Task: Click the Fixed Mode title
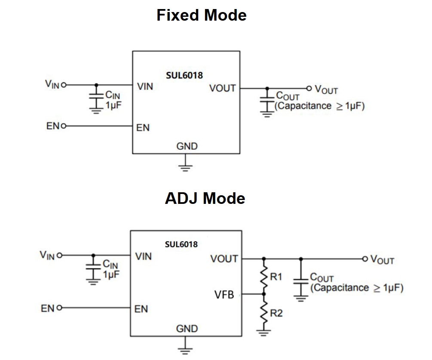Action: tap(201, 15)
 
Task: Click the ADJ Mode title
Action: tap(205, 198)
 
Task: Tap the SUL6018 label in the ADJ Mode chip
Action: tap(181, 244)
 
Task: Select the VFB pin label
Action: tap(224, 295)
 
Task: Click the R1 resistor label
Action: tap(276, 277)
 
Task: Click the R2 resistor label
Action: tap(276, 314)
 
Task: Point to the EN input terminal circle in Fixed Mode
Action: tap(64, 126)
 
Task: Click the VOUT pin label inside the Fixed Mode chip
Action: tap(222, 88)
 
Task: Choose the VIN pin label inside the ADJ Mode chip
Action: tap(144, 256)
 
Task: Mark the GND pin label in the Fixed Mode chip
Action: tap(187, 146)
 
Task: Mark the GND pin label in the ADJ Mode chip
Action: tap(187, 329)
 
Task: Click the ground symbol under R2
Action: tap(263, 331)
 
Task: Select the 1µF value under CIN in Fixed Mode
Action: tap(113, 105)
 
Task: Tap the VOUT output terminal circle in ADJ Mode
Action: tap(365, 259)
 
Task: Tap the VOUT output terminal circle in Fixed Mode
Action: tap(309, 88)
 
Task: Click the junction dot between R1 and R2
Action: tap(264, 294)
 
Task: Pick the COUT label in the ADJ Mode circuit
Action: tap(322, 277)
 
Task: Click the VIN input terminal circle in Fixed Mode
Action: tap(64, 85)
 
